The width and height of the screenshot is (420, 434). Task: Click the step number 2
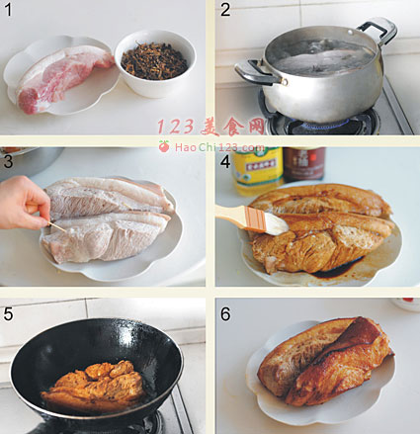[x=225, y=9]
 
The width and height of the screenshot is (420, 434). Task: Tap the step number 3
[x=8, y=161]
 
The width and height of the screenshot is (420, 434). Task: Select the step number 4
[x=225, y=162]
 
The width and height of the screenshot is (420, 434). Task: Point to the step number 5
[x=8, y=313]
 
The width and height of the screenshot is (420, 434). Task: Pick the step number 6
[x=225, y=313]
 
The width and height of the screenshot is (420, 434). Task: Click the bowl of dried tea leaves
[x=155, y=63]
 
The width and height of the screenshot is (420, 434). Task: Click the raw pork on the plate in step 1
[x=62, y=78]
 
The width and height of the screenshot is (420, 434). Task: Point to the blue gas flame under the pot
[x=324, y=125]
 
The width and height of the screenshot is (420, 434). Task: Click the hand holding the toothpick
[x=24, y=203]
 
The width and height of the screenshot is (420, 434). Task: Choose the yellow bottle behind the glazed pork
[x=258, y=171]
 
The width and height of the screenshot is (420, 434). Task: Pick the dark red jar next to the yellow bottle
[x=304, y=164]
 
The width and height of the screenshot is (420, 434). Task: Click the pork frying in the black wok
[x=93, y=387]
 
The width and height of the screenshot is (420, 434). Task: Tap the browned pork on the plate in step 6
[x=325, y=362]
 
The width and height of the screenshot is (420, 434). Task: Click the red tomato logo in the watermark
[x=164, y=146]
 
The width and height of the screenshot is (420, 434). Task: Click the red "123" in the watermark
[x=175, y=127]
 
